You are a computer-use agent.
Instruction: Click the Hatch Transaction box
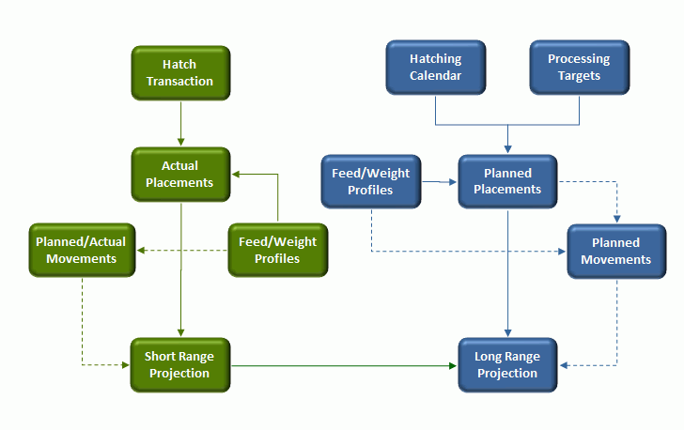point(180,73)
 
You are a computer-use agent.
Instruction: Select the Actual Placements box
point(180,174)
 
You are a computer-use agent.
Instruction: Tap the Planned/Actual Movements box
point(82,250)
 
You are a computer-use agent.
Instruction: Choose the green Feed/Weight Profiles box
point(278,250)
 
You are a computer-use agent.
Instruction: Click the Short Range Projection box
point(180,364)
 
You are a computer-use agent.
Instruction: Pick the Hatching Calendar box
point(436,68)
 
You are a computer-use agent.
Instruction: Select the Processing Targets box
point(580,68)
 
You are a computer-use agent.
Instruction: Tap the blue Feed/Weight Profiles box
point(371,181)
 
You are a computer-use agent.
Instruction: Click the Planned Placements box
point(507,181)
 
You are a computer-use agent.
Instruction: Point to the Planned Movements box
point(616,252)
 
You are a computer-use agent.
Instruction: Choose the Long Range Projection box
point(507,365)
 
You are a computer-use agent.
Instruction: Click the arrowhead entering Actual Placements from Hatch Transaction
point(180,142)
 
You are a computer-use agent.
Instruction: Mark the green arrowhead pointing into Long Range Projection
point(453,365)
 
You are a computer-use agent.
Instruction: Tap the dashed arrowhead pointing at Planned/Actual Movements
point(141,251)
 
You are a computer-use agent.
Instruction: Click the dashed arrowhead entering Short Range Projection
point(126,365)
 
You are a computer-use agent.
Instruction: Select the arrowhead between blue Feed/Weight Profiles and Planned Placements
point(453,182)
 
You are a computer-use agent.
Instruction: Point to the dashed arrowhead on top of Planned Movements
point(616,219)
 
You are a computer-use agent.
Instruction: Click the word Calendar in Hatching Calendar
point(435,75)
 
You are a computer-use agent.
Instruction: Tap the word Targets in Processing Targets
point(580,76)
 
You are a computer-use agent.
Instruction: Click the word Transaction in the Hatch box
point(179,81)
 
